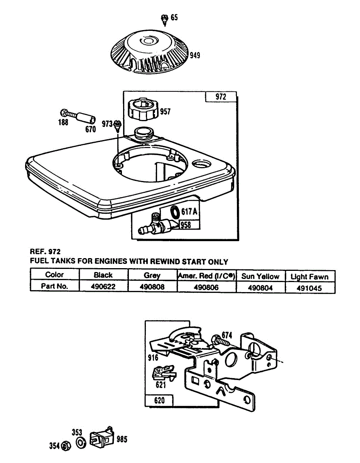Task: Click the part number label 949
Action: point(195,56)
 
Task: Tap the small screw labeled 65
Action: point(164,20)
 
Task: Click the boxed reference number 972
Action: point(221,97)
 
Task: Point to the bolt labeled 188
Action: point(67,113)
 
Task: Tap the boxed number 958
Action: point(186,225)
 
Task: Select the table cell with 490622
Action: point(103,286)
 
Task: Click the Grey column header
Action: point(152,275)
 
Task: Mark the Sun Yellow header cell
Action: point(260,276)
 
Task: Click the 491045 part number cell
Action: point(309,288)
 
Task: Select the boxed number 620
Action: point(159,400)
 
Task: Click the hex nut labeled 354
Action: point(66,446)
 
